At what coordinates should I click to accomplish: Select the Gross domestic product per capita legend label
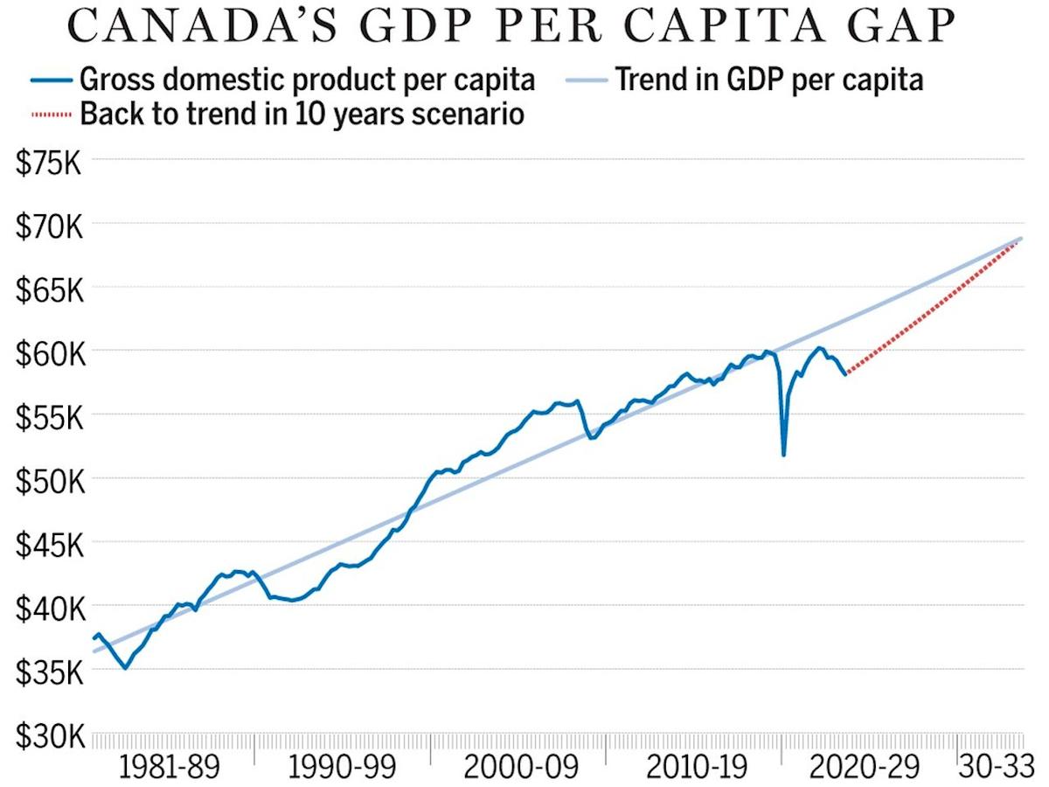(307, 80)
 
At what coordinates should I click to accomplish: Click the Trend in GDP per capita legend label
(769, 80)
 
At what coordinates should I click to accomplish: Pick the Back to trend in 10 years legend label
(302, 114)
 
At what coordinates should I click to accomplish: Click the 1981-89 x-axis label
(170, 767)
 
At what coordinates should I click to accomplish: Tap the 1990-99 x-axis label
(341, 767)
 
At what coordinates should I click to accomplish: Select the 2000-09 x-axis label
(521, 767)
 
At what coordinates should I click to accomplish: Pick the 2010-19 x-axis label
(697, 767)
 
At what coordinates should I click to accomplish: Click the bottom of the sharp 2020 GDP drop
(783, 454)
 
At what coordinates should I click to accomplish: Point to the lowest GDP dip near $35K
(126, 668)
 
